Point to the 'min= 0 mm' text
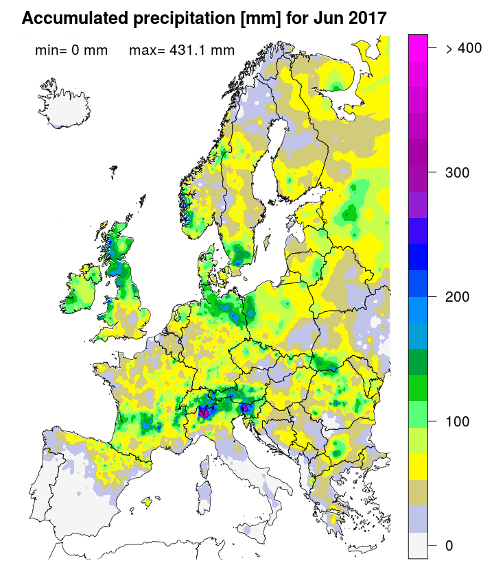point(71,50)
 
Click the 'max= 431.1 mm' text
point(181,50)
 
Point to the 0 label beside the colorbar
point(449,545)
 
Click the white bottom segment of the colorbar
point(419,545)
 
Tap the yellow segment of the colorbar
point(419,467)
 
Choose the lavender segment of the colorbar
point(419,519)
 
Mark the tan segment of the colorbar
point(419,493)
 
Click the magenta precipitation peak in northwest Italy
point(204,412)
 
